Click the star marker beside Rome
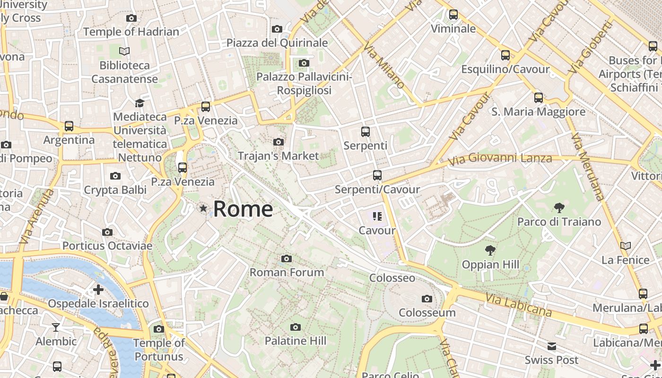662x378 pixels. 203,208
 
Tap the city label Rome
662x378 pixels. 243,209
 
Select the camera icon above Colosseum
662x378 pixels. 427,299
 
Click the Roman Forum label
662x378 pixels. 287,272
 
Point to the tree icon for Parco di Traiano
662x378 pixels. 559,207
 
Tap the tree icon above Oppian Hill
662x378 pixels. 490,250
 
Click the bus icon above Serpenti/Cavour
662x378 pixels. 377,175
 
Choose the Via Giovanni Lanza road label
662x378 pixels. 500,159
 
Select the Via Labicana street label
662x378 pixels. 519,304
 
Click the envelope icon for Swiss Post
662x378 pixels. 551,346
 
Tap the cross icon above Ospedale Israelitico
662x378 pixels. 98,289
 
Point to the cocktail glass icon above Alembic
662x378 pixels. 56,327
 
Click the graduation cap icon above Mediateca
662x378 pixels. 139,103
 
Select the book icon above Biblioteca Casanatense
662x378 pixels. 124,51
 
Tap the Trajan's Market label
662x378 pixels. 278,155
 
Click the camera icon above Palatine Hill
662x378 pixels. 296,327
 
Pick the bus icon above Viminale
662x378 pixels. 453,15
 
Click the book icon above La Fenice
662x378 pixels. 626,246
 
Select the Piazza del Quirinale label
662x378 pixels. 277,43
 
